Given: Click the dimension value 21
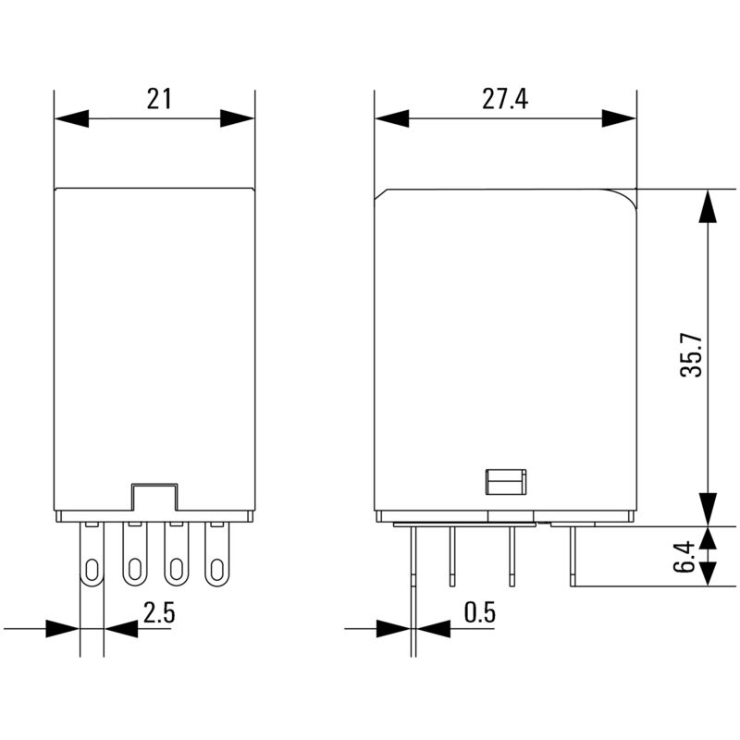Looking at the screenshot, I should [159, 99].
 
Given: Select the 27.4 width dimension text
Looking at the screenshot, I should [504, 99].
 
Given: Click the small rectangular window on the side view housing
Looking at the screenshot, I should [505, 482].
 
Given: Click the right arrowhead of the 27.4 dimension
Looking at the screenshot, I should [619, 118].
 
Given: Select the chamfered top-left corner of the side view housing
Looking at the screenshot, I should [379, 194].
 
